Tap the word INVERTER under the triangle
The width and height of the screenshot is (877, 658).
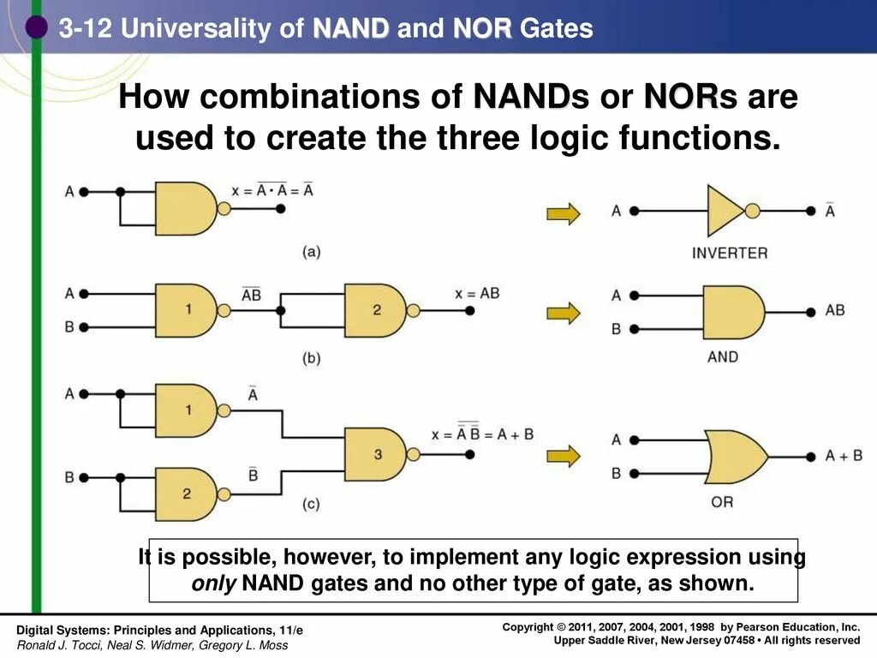point(730,253)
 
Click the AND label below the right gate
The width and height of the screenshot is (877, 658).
point(723,356)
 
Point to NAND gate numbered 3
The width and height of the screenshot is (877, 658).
point(376,454)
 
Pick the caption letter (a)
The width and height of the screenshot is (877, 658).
point(311,252)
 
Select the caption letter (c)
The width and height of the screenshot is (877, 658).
point(311,505)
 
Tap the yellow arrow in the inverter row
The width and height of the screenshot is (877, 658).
point(563,212)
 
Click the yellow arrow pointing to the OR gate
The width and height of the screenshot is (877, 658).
point(563,455)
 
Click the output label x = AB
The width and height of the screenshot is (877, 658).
point(477,293)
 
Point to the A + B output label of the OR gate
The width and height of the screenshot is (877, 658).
point(844,456)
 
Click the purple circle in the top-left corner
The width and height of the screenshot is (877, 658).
point(35,27)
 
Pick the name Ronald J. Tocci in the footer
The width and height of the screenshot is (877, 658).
point(56,645)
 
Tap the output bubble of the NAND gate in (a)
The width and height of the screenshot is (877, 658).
point(224,208)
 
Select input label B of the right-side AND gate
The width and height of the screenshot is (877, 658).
point(616,328)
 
